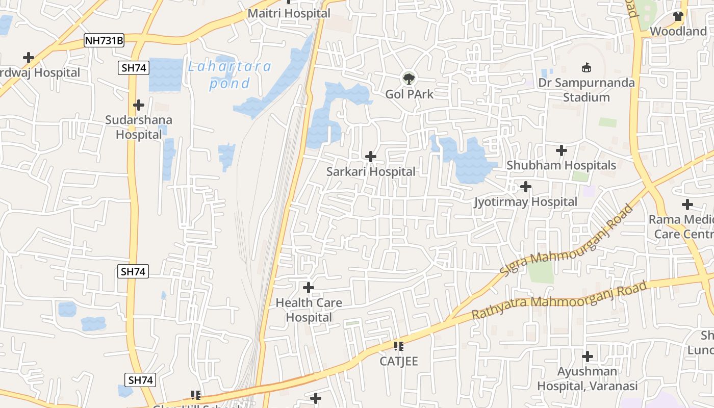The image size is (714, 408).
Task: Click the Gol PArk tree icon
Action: tap(409, 79)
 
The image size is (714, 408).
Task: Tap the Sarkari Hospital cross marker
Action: tap(371, 157)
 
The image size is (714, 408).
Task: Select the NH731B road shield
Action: tap(105, 40)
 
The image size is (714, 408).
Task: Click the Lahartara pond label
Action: tap(229, 74)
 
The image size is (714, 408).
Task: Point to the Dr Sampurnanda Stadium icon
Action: tap(586, 67)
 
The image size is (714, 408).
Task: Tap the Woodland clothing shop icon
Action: tap(678, 16)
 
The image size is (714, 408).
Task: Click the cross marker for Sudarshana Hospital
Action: tap(139, 105)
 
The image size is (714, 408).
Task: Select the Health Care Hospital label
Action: tap(309, 310)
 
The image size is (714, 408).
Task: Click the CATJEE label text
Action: tap(399, 362)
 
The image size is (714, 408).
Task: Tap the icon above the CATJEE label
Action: tap(399, 347)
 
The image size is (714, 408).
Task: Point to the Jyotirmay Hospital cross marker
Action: tap(526, 187)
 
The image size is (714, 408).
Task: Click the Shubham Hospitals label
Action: tap(561, 166)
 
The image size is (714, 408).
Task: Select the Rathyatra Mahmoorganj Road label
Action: tap(559, 300)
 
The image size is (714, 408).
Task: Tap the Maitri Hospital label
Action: tap(289, 13)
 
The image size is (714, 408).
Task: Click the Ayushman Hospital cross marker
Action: tap(588, 356)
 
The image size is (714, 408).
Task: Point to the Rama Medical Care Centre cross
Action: tap(687, 205)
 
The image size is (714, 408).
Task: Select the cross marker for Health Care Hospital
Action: tap(309, 288)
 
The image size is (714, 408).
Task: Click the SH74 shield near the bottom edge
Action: tap(140, 380)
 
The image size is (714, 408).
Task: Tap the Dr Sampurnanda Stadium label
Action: tap(586, 90)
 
